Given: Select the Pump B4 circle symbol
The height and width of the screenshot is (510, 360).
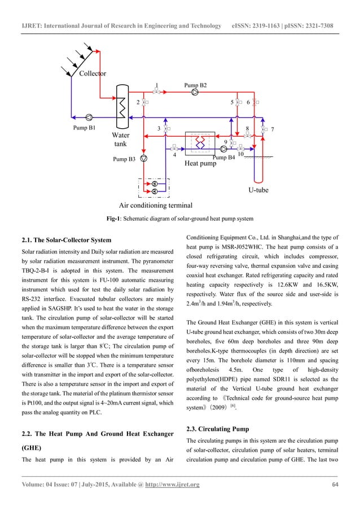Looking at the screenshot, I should tap(224, 149).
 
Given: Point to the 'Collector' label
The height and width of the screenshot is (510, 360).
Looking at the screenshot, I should tap(93, 73).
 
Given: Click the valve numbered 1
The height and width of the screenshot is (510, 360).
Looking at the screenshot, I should tap(157, 92).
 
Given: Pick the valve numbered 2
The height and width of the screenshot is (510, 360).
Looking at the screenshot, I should tap(144, 102).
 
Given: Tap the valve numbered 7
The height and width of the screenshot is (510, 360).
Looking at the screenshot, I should tap(264, 129).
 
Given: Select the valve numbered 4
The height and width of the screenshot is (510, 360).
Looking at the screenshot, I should tap(174, 149).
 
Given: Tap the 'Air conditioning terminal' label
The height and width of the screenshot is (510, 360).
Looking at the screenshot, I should tap(156, 205).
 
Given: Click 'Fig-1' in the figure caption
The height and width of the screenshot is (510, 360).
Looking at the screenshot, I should tap(115, 219).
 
